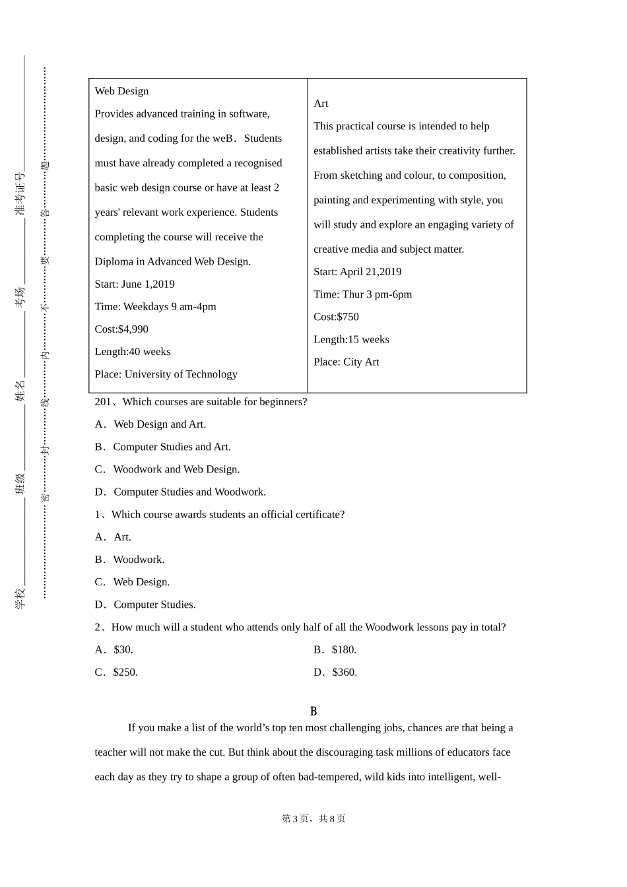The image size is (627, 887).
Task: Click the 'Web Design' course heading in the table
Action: pos(121,91)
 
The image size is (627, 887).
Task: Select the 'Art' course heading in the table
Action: pos(321,104)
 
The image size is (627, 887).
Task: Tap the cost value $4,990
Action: pos(133,329)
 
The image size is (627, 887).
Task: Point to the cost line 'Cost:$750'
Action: pos(336,317)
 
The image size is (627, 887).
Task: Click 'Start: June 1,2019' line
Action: pos(135,284)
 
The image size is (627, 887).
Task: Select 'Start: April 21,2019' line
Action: pos(357,272)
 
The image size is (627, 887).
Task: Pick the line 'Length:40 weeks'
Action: pos(132,352)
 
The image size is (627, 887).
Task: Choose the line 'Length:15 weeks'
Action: pos(351,339)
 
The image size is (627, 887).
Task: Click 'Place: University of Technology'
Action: pos(166,374)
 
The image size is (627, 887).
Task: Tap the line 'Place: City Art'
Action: pos(346,362)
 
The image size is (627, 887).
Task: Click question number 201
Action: pos(103,402)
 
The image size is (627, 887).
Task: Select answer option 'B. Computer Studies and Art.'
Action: pos(162,447)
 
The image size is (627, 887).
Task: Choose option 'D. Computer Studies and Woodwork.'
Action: pos(180,492)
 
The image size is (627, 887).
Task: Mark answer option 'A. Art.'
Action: pos(113,537)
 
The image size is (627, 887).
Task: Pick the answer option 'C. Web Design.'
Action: pos(132,582)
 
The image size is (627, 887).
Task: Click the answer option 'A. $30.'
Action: pos(114,649)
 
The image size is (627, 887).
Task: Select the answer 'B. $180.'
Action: pos(335,649)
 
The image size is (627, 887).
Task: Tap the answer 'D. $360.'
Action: pos(335,673)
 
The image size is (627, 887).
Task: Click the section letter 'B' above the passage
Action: pos(313,711)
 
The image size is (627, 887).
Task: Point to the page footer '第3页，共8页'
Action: pos(313,819)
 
